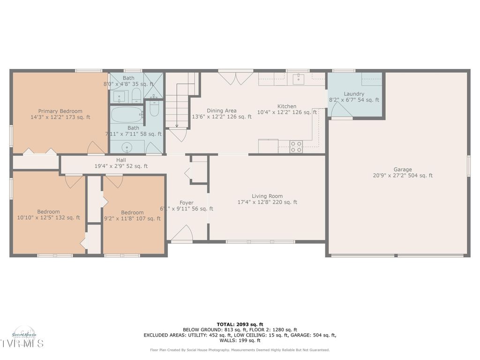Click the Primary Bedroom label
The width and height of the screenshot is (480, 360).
[x=60, y=111]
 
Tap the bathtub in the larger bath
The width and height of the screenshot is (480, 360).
[x=127, y=114]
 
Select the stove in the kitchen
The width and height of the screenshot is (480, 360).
[x=296, y=147]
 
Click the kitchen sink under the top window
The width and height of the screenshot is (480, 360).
[x=299, y=79]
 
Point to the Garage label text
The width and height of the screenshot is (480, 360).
[x=403, y=170]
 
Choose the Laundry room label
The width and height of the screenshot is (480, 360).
[x=354, y=94]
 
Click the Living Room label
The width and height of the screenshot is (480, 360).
[x=267, y=196]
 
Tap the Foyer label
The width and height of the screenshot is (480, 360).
[x=186, y=203]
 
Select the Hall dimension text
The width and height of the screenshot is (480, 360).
[x=121, y=166]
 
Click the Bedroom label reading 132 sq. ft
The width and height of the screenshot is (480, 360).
[x=49, y=212]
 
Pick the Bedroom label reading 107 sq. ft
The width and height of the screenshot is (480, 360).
[x=132, y=212]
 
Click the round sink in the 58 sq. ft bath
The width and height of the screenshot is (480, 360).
[x=127, y=148]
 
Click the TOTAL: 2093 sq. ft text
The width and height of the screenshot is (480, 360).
[x=240, y=324]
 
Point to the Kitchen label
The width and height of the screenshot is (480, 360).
[x=286, y=106]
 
